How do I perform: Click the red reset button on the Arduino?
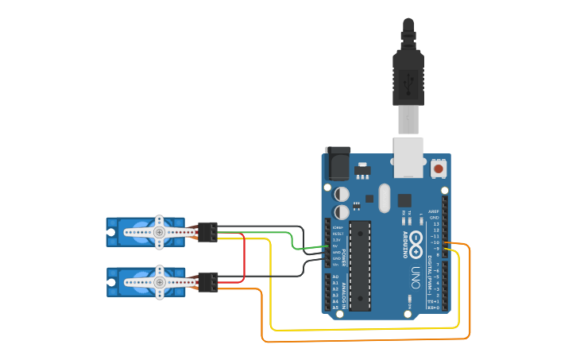(439, 168)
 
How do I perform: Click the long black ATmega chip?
(360, 264)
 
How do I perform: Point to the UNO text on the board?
(415, 278)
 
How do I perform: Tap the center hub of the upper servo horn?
(160, 232)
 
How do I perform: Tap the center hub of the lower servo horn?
(160, 281)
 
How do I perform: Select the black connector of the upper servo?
(208, 231)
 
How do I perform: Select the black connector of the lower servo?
(208, 281)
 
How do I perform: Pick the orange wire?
(365, 341)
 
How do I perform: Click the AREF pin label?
(433, 211)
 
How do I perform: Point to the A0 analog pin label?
(335, 277)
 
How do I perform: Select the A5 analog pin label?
(335, 308)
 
